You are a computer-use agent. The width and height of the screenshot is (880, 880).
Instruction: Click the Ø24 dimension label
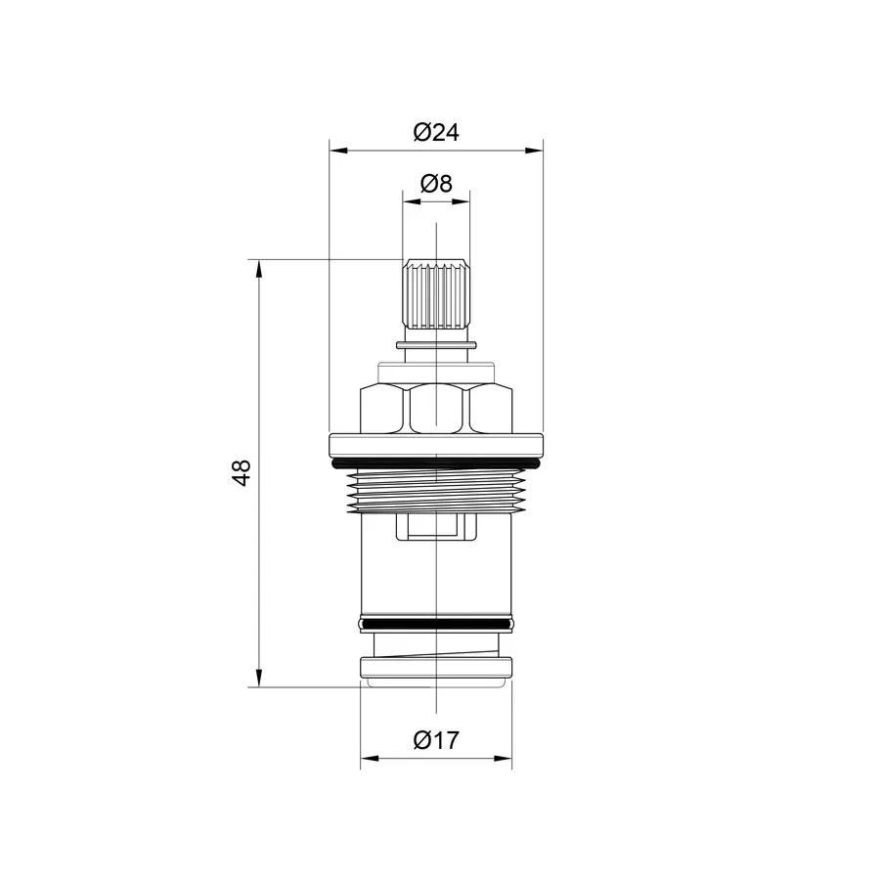tap(436, 132)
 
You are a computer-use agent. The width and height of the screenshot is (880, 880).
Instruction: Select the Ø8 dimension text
tap(436, 184)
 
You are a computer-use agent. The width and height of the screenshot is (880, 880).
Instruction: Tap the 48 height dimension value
tap(242, 472)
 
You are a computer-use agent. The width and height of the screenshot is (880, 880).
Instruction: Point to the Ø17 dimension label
tap(436, 740)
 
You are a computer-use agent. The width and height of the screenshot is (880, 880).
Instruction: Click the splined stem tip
tap(436, 293)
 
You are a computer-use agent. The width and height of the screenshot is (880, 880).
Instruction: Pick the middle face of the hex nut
tap(436, 408)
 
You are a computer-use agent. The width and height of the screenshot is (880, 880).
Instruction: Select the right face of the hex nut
tap(491, 408)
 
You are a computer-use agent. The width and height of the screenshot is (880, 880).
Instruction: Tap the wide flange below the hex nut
tap(436, 445)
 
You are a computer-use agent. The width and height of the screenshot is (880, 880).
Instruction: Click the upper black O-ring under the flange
tap(436, 463)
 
